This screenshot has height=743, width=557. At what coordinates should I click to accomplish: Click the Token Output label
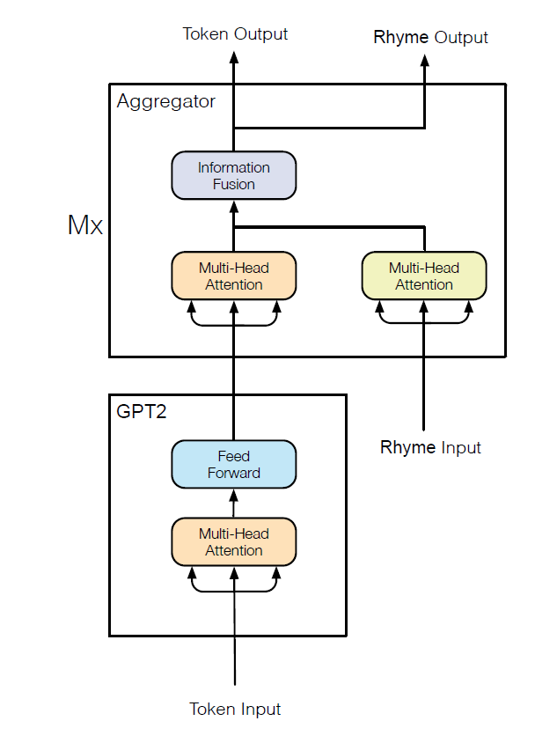[235, 34]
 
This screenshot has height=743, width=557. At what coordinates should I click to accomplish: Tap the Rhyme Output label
[430, 37]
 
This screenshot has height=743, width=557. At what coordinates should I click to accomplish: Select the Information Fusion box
[234, 175]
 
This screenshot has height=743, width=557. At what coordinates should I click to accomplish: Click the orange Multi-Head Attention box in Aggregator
[234, 276]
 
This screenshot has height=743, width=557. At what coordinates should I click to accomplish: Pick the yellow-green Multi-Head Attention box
[424, 276]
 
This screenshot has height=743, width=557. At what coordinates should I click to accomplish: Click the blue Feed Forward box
[234, 464]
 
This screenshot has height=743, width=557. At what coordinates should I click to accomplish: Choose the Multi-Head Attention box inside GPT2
[234, 541]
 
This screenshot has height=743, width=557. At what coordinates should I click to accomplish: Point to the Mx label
[85, 225]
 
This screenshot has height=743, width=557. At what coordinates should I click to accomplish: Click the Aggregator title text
[165, 101]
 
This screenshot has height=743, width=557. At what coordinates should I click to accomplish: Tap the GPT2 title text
[141, 410]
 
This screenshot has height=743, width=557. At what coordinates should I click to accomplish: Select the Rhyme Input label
[430, 447]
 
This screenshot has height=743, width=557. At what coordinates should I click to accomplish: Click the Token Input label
[235, 709]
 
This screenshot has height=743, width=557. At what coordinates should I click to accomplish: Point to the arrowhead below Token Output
[234, 58]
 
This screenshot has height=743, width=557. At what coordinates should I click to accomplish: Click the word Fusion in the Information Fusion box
[234, 184]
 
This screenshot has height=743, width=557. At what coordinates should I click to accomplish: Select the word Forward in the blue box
[234, 473]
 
